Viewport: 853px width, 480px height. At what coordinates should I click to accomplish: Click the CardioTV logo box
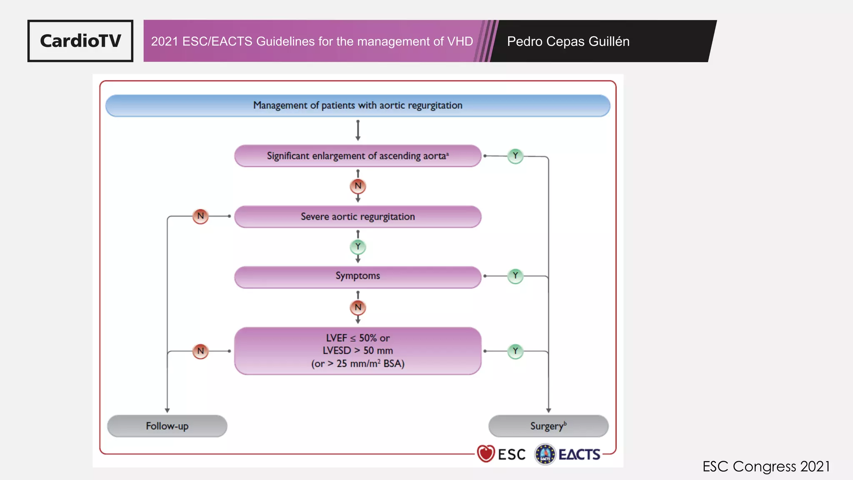pyautogui.click(x=80, y=41)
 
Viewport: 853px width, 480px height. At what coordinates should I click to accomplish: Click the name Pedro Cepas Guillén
pyautogui.click(x=568, y=41)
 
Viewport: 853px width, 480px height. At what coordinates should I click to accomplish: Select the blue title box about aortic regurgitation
pyautogui.click(x=358, y=105)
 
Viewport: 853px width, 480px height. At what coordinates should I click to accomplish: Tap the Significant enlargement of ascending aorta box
pyautogui.click(x=358, y=156)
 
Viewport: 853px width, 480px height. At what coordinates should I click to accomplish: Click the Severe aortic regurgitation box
pyautogui.click(x=358, y=217)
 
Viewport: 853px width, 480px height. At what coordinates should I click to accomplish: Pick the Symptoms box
pyautogui.click(x=358, y=276)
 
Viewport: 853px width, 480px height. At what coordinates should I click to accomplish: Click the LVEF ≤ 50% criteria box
pyautogui.click(x=358, y=351)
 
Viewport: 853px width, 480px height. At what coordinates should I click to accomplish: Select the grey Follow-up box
pyautogui.click(x=167, y=426)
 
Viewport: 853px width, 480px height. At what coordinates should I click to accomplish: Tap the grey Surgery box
pyautogui.click(x=548, y=426)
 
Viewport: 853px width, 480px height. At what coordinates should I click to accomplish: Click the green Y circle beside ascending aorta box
pyautogui.click(x=515, y=156)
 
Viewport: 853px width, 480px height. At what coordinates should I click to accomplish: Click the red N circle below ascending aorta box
pyautogui.click(x=358, y=186)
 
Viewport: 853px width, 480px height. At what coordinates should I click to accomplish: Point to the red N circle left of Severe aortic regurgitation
pyautogui.click(x=200, y=216)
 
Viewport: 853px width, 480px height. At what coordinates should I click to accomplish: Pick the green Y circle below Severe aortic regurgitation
pyautogui.click(x=358, y=247)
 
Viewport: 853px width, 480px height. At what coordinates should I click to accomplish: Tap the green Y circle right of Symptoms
pyautogui.click(x=515, y=276)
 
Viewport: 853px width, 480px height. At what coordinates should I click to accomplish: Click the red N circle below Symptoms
pyautogui.click(x=358, y=307)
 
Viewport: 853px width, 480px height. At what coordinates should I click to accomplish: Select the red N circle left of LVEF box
pyautogui.click(x=200, y=351)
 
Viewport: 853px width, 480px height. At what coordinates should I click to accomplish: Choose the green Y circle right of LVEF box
pyautogui.click(x=515, y=351)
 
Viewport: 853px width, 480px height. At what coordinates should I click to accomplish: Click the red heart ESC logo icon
pyautogui.click(x=486, y=454)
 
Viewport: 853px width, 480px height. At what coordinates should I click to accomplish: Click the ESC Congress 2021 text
pyautogui.click(x=766, y=466)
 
